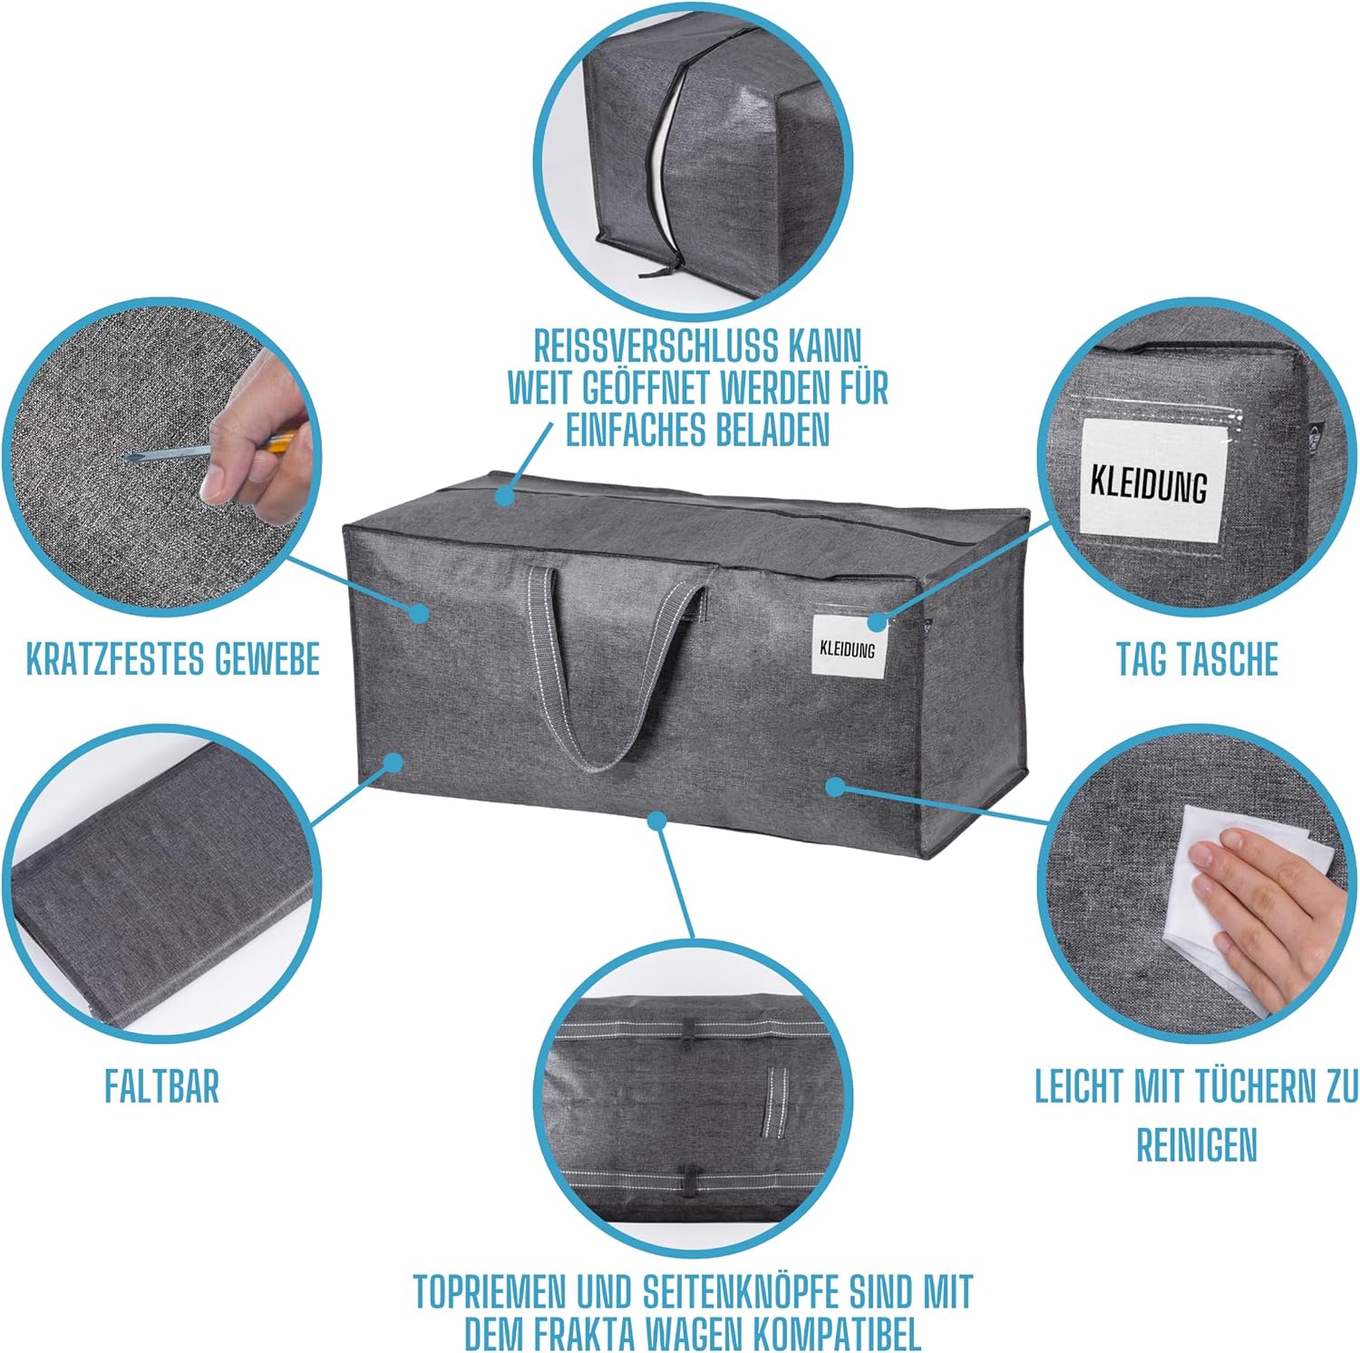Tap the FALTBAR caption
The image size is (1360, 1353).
click(161, 1085)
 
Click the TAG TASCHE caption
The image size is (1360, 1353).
click(1197, 658)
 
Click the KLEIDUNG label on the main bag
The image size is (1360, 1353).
click(848, 648)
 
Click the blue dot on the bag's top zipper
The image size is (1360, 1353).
click(504, 496)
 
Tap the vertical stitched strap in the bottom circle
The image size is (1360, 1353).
click(774, 1101)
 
